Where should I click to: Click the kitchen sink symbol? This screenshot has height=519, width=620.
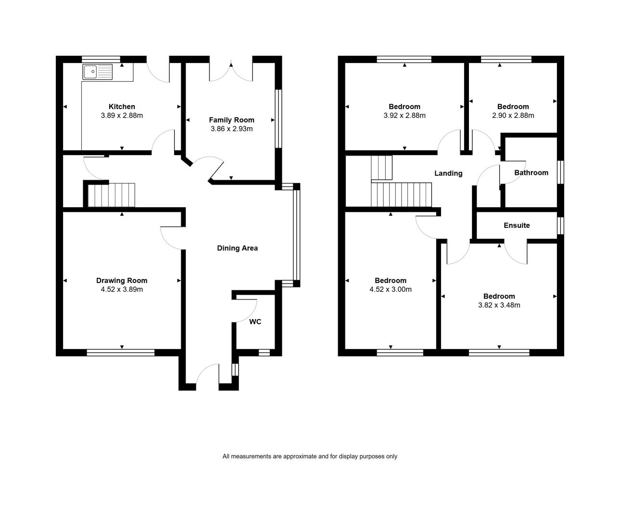pyautogui.click(x=98, y=72)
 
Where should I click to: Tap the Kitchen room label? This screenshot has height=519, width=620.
pyautogui.click(x=122, y=107)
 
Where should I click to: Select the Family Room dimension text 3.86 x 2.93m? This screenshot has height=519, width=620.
pyautogui.click(x=232, y=129)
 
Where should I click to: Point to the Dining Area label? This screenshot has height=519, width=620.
pyautogui.click(x=237, y=248)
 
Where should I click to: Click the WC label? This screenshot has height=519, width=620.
pyautogui.click(x=255, y=321)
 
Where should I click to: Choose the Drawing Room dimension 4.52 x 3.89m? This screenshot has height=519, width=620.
pyautogui.click(x=122, y=289)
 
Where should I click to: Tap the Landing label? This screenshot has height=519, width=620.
pyautogui.click(x=448, y=173)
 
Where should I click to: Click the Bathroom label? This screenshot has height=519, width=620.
pyautogui.click(x=531, y=173)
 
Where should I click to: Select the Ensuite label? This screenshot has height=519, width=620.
pyautogui.click(x=517, y=225)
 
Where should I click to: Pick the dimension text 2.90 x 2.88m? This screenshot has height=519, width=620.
pyautogui.click(x=513, y=115)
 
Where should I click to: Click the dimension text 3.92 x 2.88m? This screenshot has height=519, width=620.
pyautogui.click(x=405, y=115)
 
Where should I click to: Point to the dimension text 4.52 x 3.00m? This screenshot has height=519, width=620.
pyautogui.click(x=391, y=289)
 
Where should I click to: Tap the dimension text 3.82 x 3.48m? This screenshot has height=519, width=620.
pyautogui.click(x=499, y=305)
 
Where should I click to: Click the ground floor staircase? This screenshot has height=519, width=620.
pyautogui.click(x=112, y=195)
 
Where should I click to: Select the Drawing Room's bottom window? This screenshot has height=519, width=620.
pyautogui.click(x=121, y=353)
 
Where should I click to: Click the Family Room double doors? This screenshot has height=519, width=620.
pyautogui.click(x=231, y=71)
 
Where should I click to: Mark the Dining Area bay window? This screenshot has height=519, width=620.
pyautogui.click(x=297, y=235)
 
